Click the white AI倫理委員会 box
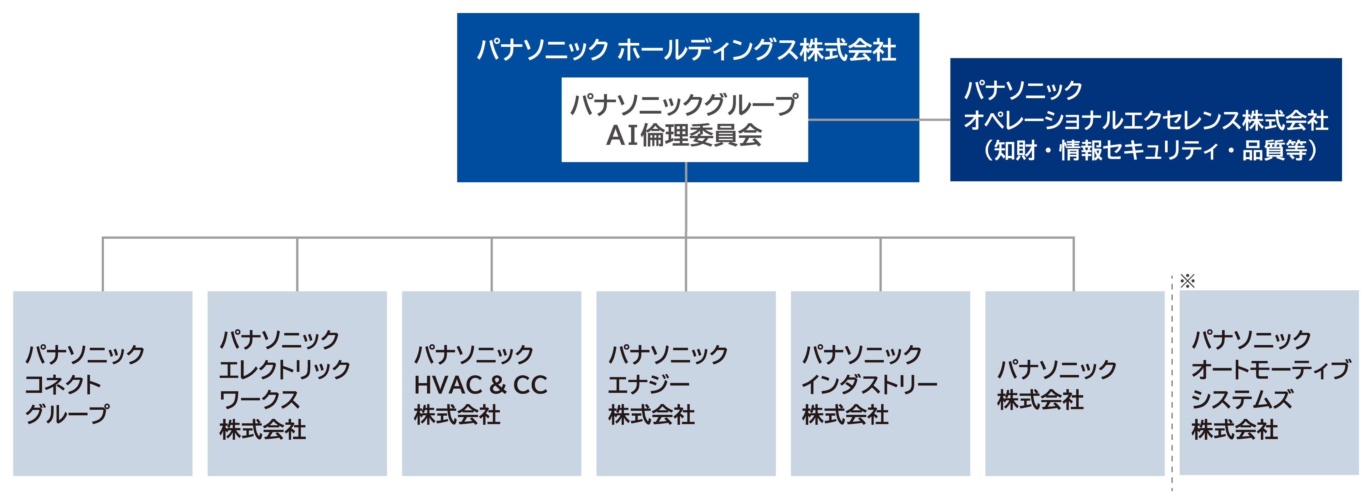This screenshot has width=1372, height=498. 685,120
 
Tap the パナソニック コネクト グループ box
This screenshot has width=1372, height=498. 102,383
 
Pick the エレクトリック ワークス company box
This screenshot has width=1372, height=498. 297,383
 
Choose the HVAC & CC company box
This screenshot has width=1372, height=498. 491,383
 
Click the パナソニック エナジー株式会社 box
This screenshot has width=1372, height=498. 686,383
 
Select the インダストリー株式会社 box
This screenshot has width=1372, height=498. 880,383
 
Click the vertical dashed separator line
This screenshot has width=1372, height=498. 1172,383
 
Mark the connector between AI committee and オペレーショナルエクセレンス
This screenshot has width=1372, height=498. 879,120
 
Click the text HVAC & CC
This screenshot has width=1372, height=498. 480,385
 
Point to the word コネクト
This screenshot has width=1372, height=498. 63,385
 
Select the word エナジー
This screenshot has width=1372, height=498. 649,385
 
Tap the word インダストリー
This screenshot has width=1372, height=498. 869,385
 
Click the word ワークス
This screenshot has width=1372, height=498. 259,400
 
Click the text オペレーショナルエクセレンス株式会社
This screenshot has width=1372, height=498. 1145,120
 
